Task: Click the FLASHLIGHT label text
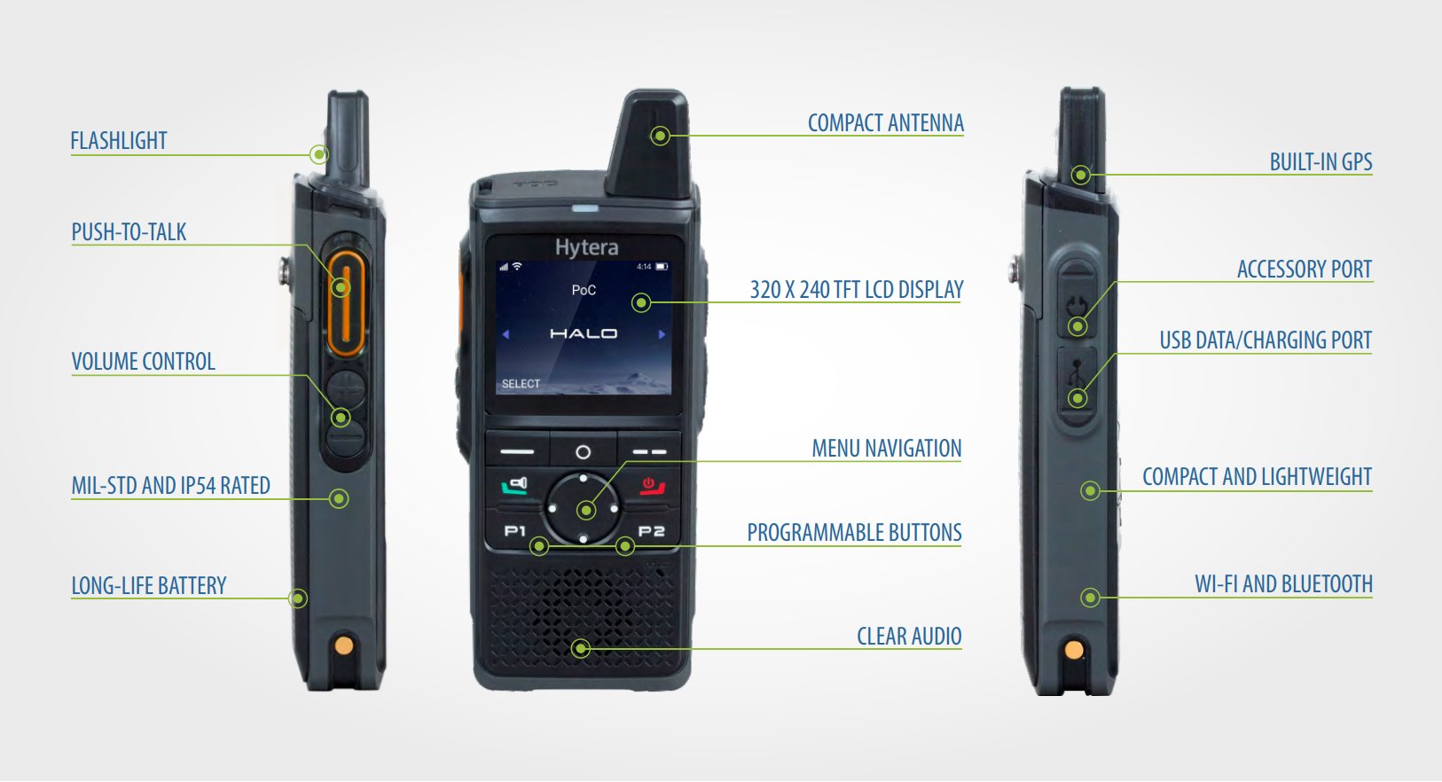119,140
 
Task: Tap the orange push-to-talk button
347,302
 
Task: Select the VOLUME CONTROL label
143,361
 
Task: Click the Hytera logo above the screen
586,247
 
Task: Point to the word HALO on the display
584,333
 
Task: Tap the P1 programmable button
515,531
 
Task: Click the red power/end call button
652,486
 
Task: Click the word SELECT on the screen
521,384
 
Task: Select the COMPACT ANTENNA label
886,122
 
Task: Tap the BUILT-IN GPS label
1321,161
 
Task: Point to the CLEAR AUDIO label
909,636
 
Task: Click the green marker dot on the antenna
660,136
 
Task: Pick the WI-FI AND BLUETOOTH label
1283,583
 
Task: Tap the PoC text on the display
584,290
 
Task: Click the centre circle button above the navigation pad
584,452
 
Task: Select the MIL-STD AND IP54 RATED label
170,485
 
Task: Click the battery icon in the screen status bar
662,267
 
